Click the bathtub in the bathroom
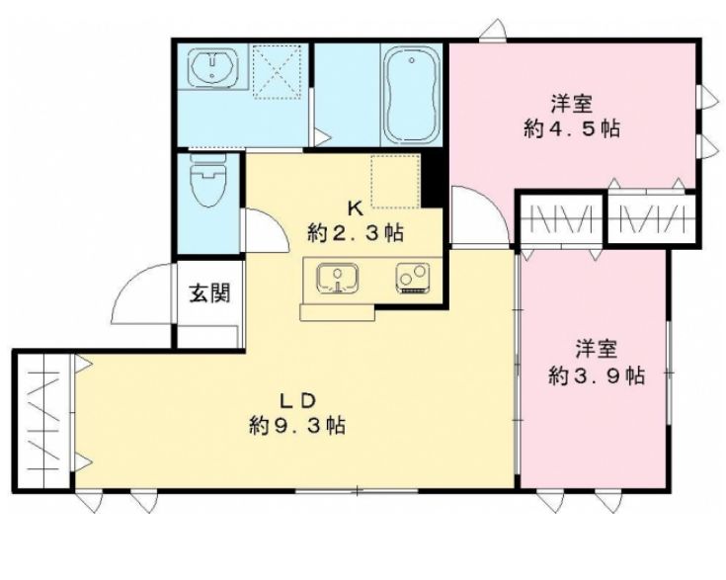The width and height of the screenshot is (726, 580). click(411, 96)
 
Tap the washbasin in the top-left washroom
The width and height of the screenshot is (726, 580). click(213, 67)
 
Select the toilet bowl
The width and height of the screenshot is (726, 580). click(208, 180)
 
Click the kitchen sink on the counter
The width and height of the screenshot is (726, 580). click(338, 279)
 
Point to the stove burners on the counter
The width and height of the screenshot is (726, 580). click(413, 279)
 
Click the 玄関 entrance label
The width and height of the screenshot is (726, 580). click(209, 292)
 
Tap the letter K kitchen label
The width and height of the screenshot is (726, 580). click(356, 208)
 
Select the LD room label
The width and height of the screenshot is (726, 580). click(297, 400)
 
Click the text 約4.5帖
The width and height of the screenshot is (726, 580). click(572, 127)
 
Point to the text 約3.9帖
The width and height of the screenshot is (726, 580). click(597, 374)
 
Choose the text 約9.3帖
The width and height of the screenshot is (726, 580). click(297, 424)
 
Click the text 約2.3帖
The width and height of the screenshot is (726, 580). click(356, 232)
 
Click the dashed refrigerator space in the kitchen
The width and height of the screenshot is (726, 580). click(395, 182)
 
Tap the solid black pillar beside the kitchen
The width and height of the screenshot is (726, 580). click(432, 180)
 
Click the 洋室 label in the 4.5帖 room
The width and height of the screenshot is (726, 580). click(572, 104)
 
